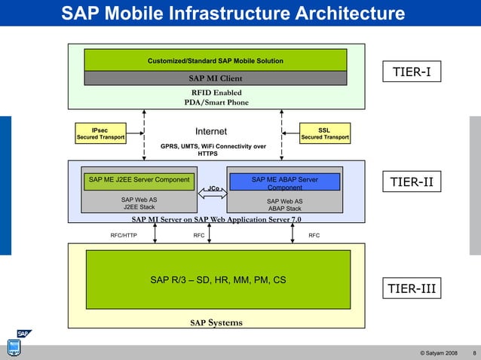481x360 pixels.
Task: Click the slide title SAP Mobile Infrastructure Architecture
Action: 232,14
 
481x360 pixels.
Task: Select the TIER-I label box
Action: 412,72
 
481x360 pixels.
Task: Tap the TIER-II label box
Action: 412,182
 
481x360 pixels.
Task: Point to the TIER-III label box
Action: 412,288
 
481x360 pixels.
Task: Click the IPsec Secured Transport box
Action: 100,134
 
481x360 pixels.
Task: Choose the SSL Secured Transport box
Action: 324,134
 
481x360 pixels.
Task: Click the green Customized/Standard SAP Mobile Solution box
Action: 215,60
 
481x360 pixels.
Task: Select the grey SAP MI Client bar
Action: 215,78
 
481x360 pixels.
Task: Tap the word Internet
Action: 211,132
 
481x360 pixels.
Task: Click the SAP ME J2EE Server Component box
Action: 139,181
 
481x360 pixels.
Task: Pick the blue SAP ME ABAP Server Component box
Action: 284,182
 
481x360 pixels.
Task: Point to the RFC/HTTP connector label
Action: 123,235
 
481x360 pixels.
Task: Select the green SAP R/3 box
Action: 217,279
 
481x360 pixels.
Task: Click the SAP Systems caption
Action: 216,323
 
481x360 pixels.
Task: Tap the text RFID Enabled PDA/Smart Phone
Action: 216,98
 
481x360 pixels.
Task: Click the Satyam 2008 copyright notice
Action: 440,352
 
